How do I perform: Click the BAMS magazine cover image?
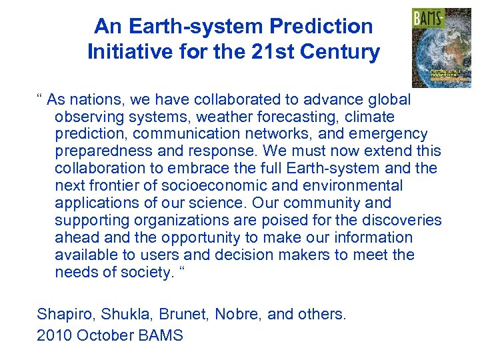click(x=441, y=48)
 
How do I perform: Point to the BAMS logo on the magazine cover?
click(x=428, y=19)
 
